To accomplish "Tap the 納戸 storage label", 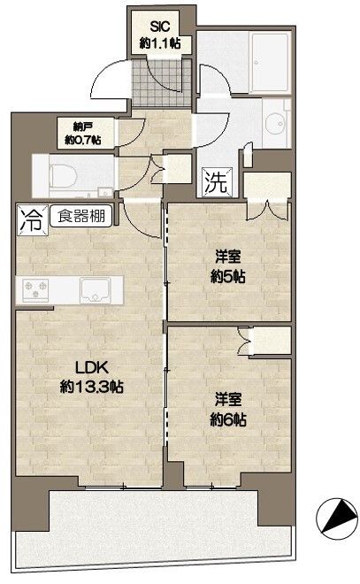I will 82,127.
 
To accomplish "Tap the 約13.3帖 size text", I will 91,387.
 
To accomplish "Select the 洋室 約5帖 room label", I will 227,265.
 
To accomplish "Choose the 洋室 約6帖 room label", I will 227,410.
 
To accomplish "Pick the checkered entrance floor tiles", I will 160,81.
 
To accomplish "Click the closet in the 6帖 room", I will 271,342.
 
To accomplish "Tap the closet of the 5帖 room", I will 267,196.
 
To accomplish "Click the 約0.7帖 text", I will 82,140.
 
